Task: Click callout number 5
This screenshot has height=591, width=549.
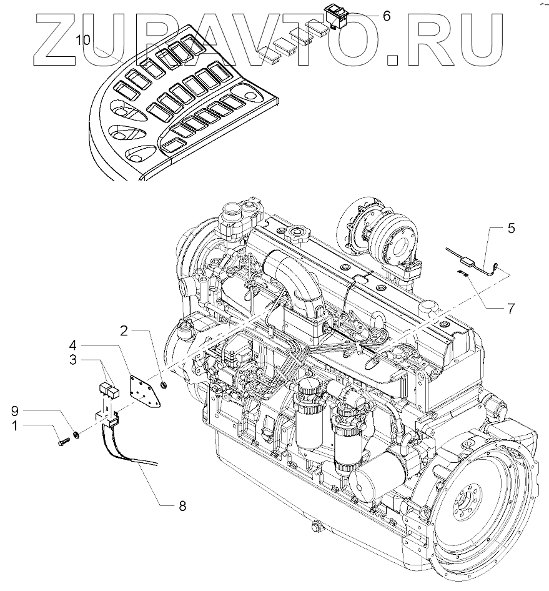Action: pyautogui.click(x=511, y=229)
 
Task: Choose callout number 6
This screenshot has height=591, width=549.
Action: pyautogui.click(x=386, y=16)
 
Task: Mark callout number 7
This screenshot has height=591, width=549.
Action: pyautogui.click(x=511, y=308)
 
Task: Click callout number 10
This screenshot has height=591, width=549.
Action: pyautogui.click(x=83, y=40)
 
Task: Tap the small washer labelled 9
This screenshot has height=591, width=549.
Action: pyautogui.click(x=76, y=433)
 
